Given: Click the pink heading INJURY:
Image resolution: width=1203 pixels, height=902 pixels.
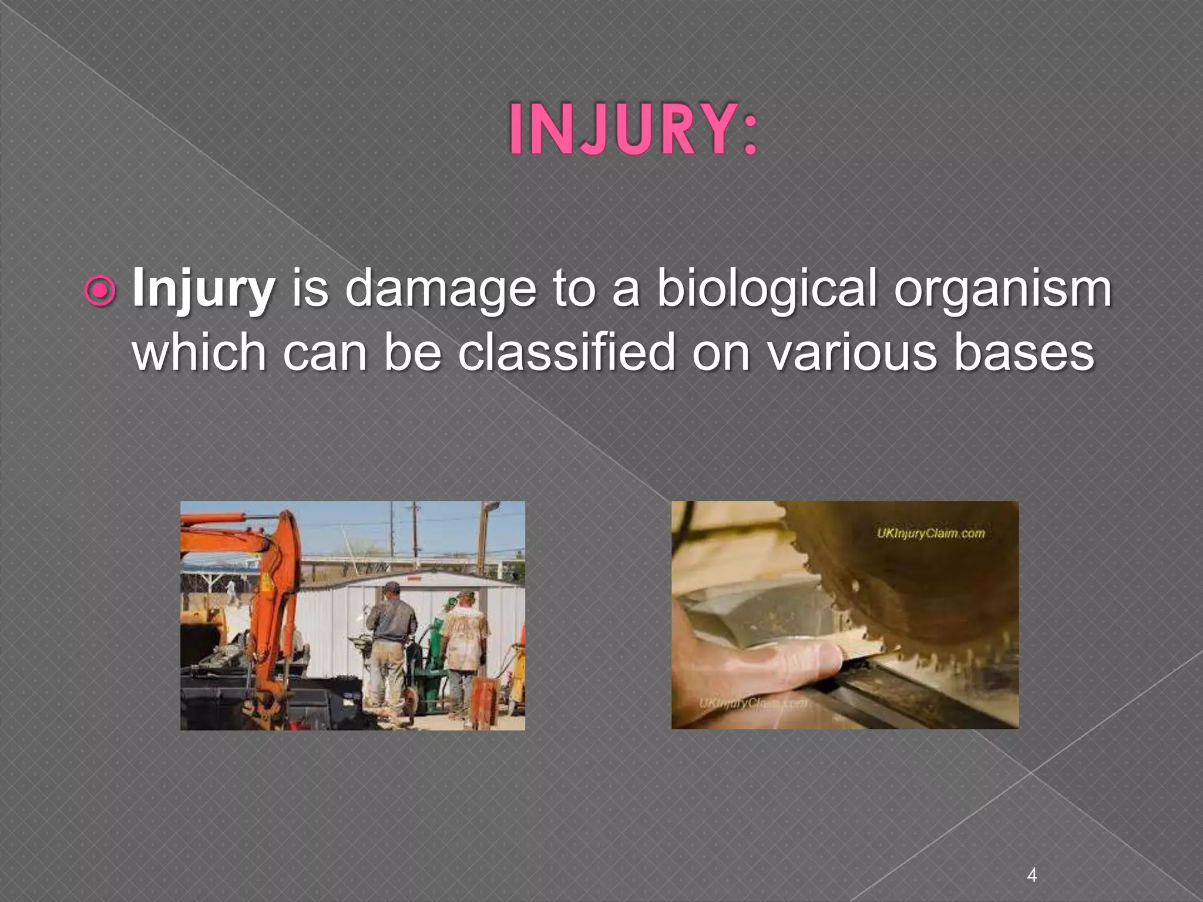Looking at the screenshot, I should point(633,130).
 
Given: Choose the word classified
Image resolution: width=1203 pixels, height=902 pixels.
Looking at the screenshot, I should point(566,352).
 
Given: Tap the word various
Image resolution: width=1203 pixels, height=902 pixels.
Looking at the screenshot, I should point(852,352).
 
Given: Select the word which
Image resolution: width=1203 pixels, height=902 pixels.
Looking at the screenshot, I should point(200,352).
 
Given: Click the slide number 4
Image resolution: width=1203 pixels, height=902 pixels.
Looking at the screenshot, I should point(1031,859).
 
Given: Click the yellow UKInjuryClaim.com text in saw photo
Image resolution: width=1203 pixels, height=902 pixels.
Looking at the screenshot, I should point(930,533).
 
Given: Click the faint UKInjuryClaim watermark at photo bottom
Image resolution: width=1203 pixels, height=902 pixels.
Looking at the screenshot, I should point(752,703).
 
